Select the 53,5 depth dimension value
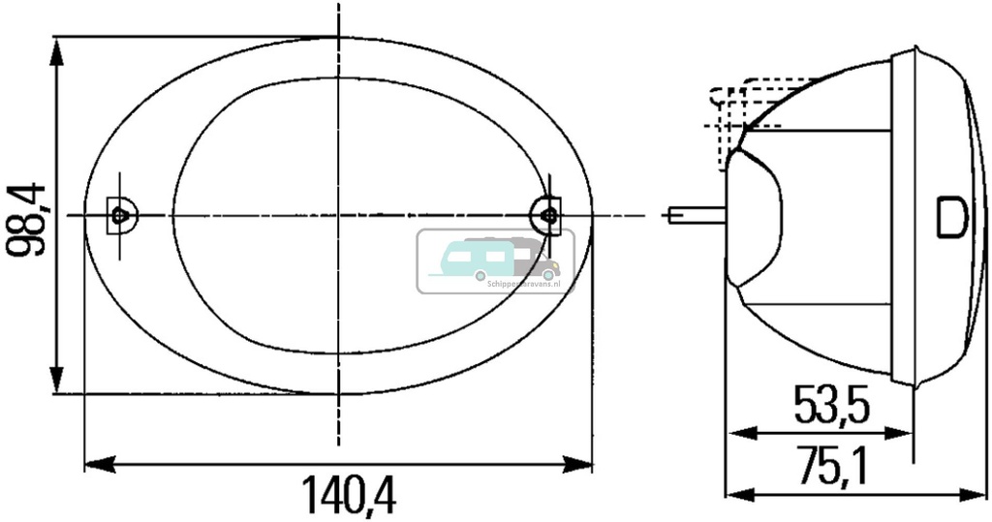tap(831, 405)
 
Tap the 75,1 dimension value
tap(831, 466)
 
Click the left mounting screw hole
tap(119, 214)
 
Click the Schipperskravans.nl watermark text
tap(518, 275)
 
